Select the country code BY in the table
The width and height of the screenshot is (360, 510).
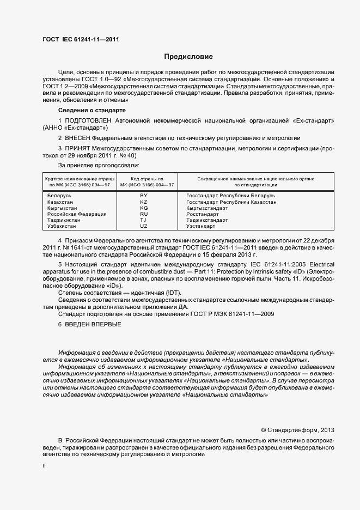pyautogui.click(x=144, y=195)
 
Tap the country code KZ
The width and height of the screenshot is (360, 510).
pyautogui.click(x=144, y=202)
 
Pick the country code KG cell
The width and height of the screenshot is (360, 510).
pyautogui.click(x=144, y=208)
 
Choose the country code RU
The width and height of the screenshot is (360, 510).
pyautogui.click(x=144, y=215)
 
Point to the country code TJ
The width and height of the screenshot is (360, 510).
pyautogui.click(x=144, y=221)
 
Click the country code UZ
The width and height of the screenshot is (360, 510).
pyautogui.click(x=144, y=227)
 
